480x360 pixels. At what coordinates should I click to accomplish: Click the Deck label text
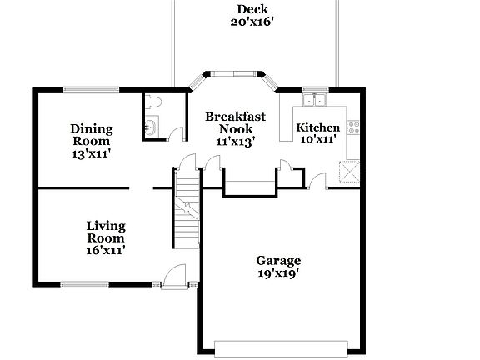click(x=252, y=9)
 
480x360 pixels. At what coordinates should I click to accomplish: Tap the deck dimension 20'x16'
click(x=252, y=22)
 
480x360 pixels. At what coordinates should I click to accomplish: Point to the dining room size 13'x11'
click(x=91, y=154)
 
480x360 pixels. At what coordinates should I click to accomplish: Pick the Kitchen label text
click(x=318, y=127)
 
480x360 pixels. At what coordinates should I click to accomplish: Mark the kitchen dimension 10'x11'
click(x=318, y=139)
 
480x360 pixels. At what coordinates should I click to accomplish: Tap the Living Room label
click(x=106, y=232)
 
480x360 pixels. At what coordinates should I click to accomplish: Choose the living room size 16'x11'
click(x=106, y=248)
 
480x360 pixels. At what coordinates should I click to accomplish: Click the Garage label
click(x=278, y=260)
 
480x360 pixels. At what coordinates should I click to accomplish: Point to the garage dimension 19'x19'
click(x=278, y=272)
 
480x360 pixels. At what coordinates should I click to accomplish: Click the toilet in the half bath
click(x=152, y=102)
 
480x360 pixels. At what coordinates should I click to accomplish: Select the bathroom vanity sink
click(x=150, y=128)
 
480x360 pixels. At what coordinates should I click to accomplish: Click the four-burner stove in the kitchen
click(x=353, y=127)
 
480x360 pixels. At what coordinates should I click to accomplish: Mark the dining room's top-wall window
click(x=92, y=88)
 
